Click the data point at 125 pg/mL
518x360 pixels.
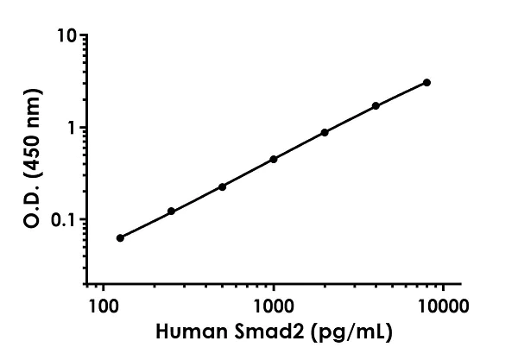click(120, 237)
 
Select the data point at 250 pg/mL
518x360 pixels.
click(171, 211)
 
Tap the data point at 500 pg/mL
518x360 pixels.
click(222, 186)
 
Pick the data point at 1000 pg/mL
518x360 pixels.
click(274, 159)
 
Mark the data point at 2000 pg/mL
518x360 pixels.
click(325, 132)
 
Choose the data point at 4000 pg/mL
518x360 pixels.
click(376, 105)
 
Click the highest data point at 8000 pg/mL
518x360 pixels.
click(426, 82)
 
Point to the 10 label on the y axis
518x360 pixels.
click(66, 36)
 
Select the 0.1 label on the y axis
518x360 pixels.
click(64, 219)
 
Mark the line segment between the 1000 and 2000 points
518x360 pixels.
click(299, 146)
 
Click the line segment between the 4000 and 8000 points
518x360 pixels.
click(401, 93)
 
